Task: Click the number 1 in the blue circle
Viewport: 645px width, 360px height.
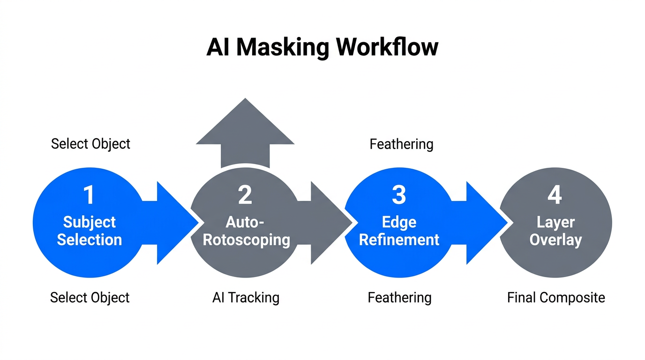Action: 89,195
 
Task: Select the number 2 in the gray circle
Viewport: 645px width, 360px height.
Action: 245,195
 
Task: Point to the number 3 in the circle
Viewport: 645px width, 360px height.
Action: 399,195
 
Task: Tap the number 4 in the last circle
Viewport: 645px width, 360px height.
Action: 555,195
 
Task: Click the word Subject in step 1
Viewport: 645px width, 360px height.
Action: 89,222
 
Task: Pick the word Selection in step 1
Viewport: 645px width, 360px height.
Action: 89,240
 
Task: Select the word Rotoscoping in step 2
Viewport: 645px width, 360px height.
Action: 246,240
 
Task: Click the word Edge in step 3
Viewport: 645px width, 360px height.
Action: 399,222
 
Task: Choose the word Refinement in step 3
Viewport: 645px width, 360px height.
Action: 399,240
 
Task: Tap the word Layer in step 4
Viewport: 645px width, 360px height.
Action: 555,222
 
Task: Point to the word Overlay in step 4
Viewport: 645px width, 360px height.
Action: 555,240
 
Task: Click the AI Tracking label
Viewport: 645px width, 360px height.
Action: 246,298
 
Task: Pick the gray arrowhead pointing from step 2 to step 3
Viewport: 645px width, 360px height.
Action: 329,223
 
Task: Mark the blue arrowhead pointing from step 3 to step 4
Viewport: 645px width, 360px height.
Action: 484,223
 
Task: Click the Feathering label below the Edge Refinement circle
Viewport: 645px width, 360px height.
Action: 399,298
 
